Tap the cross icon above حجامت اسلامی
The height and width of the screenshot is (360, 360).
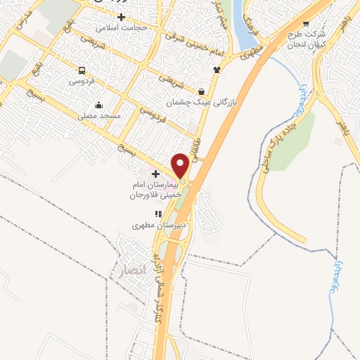pos(122,16)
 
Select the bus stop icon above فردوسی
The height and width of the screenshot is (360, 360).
pos(82,70)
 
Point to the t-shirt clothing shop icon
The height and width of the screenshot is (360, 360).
pos(216,70)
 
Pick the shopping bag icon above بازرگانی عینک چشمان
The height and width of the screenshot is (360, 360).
pos(202,91)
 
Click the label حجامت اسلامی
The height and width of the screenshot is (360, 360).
pos(122,27)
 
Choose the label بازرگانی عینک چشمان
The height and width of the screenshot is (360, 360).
pos(204,103)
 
